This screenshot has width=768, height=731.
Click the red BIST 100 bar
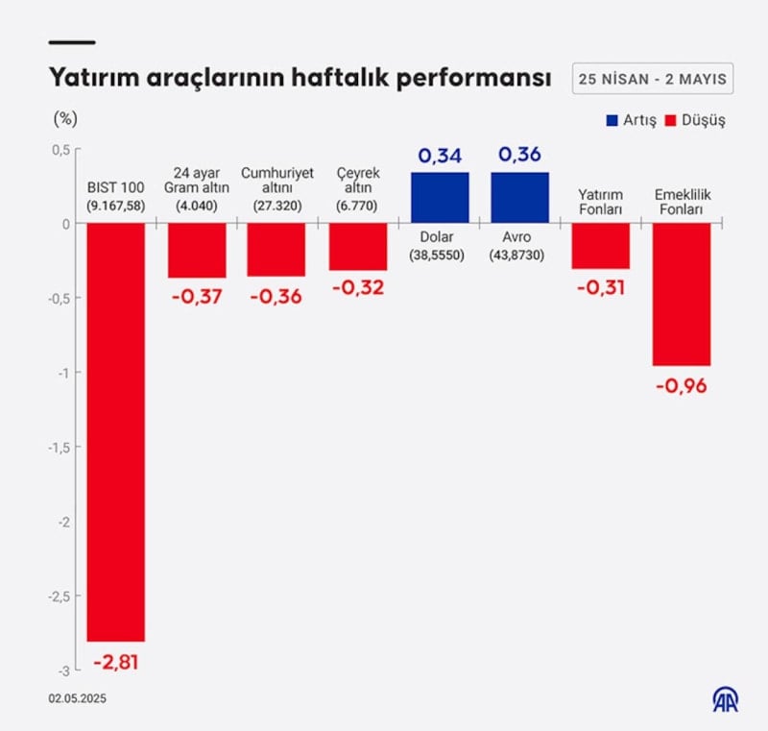116,431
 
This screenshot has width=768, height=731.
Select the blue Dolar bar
440,198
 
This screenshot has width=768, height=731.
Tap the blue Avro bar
520,198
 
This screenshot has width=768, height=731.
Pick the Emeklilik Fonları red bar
682,294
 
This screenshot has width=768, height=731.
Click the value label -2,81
116,662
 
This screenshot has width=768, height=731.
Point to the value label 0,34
440,155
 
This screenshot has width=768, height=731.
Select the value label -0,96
682,386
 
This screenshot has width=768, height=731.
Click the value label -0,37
197,297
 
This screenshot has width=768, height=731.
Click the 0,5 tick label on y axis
60,149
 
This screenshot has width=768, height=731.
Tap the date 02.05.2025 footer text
79,700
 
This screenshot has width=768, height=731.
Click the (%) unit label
65,119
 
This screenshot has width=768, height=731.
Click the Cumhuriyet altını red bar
276,250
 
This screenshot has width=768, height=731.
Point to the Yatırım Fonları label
600,201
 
